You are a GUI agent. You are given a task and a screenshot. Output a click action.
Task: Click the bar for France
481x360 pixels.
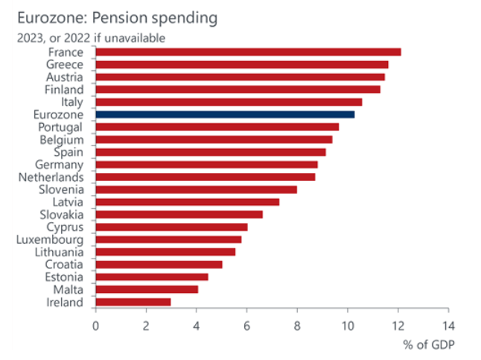pyautogui.click(x=248, y=51)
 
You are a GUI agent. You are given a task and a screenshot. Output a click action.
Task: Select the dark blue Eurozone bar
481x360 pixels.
pyautogui.click(x=225, y=114)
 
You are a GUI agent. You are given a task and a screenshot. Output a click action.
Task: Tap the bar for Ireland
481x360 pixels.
pyautogui.click(x=133, y=302)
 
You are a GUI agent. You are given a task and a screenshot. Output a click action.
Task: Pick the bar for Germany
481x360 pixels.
pyautogui.click(x=206, y=164)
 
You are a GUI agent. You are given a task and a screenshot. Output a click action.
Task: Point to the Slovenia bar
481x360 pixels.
pyautogui.click(x=196, y=189)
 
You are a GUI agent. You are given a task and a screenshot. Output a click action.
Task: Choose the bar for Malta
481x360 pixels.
pyautogui.click(x=147, y=289)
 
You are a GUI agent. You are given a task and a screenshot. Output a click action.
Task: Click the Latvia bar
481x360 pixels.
pyautogui.click(x=187, y=202)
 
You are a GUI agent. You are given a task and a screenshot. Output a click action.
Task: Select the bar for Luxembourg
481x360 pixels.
pyautogui.click(x=168, y=239)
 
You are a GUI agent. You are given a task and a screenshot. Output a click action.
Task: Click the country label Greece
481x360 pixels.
pyautogui.click(x=66, y=64)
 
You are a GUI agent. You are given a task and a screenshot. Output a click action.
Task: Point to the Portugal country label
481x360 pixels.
pyautogui.click(x=63, y=127)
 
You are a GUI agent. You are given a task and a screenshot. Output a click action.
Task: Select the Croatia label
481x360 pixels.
pyautogui.click(x=66, y=264)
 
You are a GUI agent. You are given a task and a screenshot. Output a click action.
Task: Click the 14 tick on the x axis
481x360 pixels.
pyautogui.click(x=447, y=326)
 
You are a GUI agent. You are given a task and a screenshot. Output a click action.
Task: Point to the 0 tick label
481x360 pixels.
pyautogui.click(x=95, y=326)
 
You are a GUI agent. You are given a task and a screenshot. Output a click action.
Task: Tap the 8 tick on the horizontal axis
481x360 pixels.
pyautogui.click(x=296, y=326)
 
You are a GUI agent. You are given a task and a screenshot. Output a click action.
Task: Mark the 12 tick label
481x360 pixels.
pyautogui.click(x=398, y=326)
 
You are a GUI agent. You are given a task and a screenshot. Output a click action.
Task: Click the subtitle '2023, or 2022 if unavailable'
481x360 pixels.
pyautogui.click(x=86, y=37)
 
